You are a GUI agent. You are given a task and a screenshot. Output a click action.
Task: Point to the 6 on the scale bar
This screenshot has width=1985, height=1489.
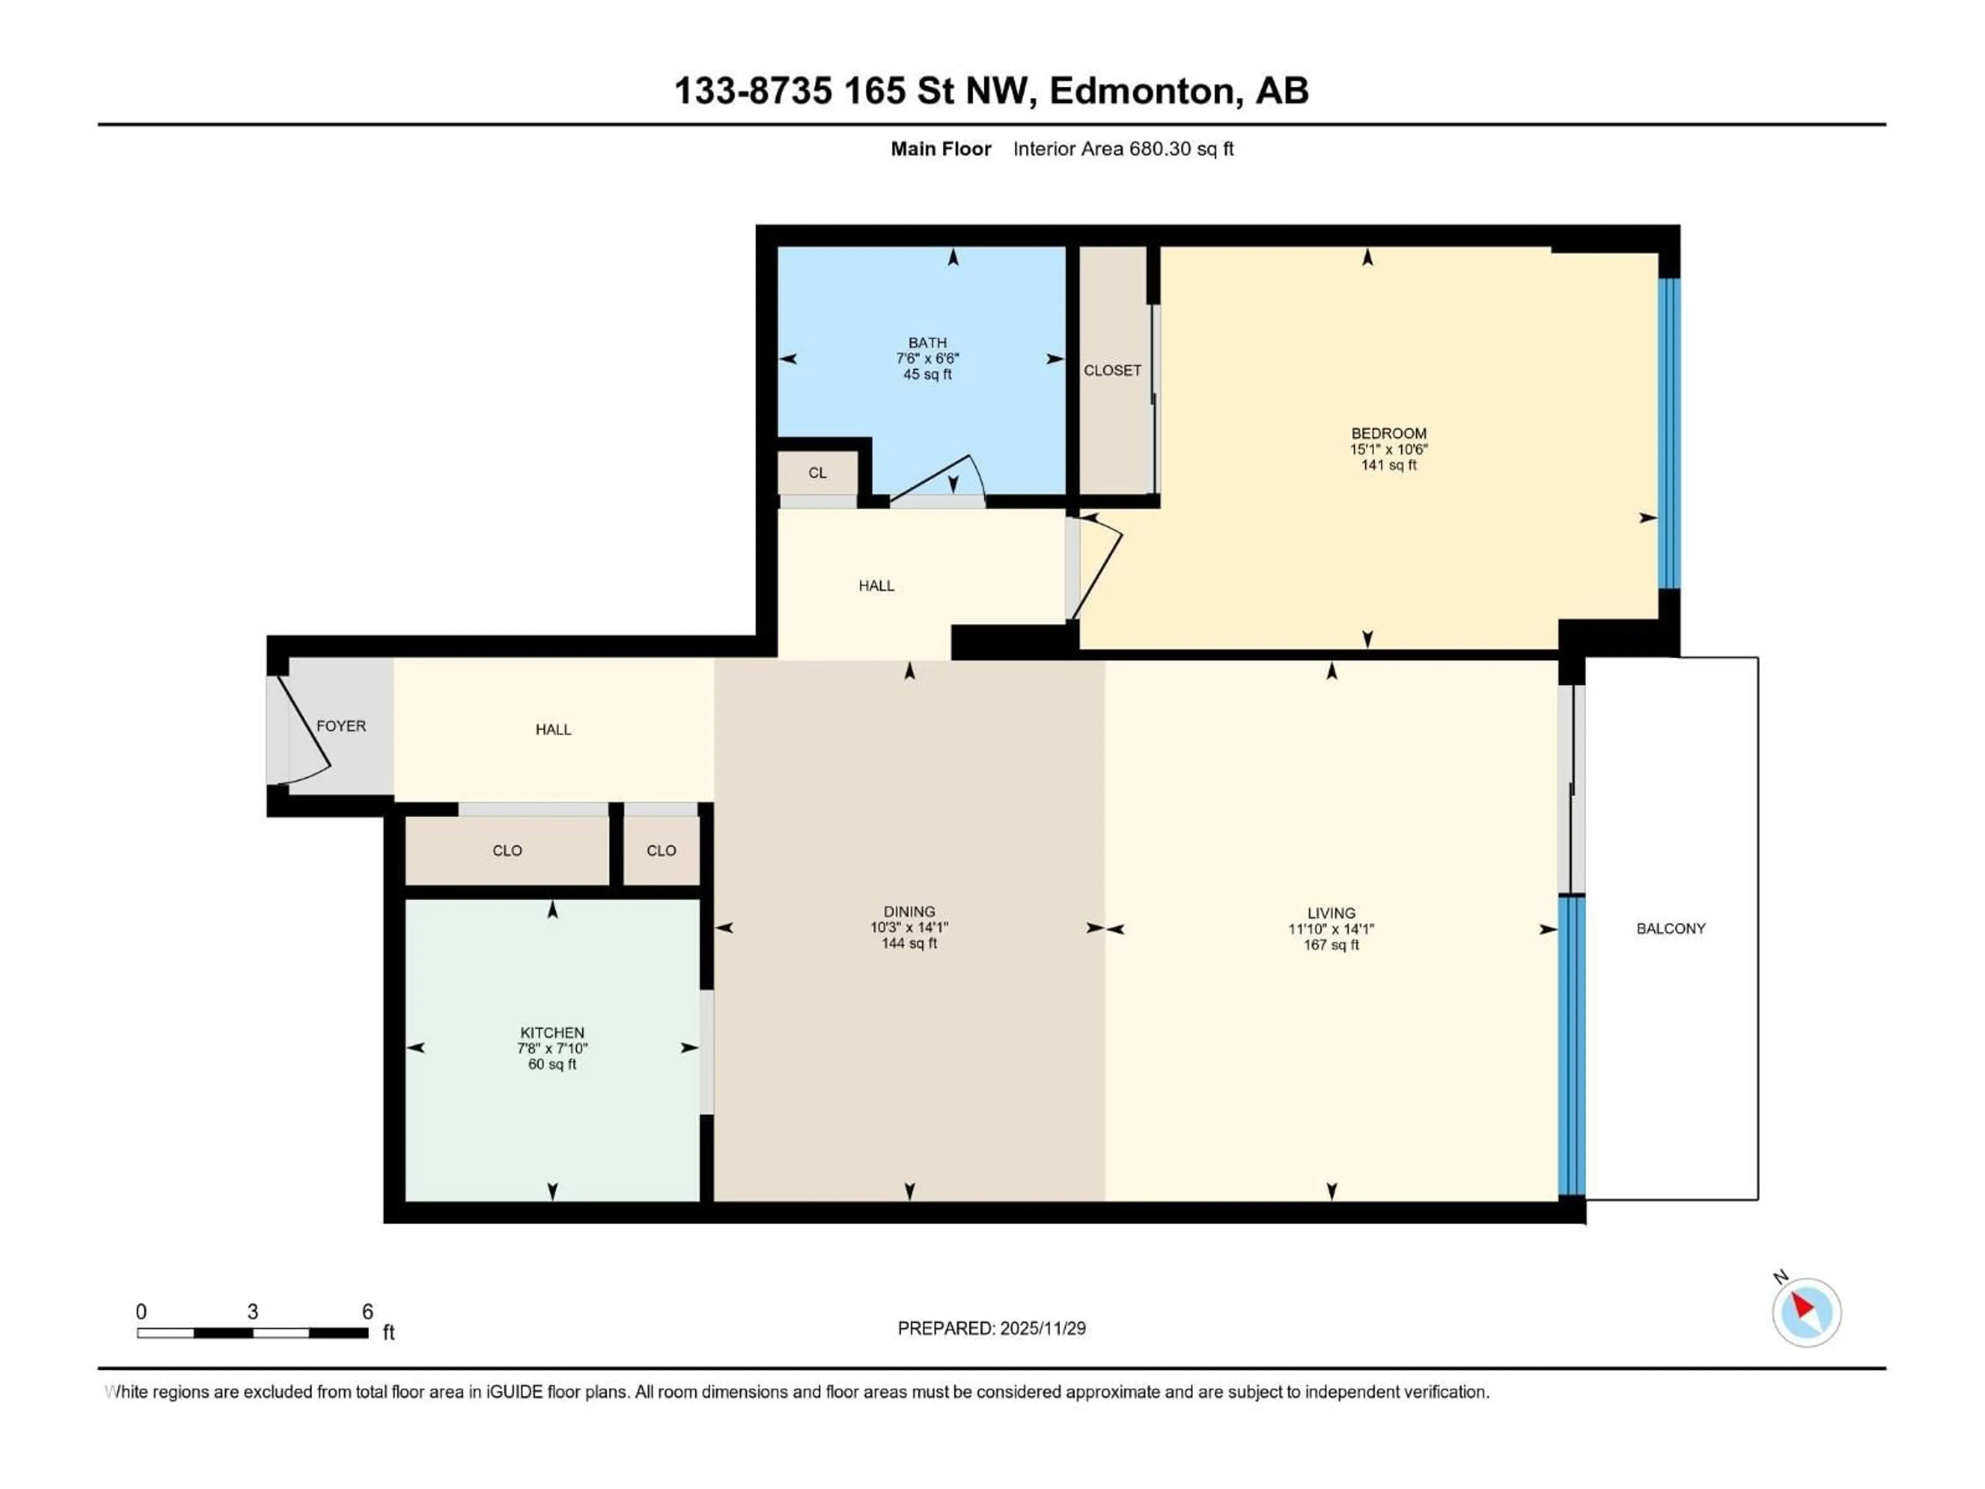coord(367,1311)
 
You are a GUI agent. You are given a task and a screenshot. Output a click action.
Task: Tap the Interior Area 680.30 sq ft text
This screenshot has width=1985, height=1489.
coord(1123,149)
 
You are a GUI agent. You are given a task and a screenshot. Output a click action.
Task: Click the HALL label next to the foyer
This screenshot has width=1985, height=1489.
coord(553,730)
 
